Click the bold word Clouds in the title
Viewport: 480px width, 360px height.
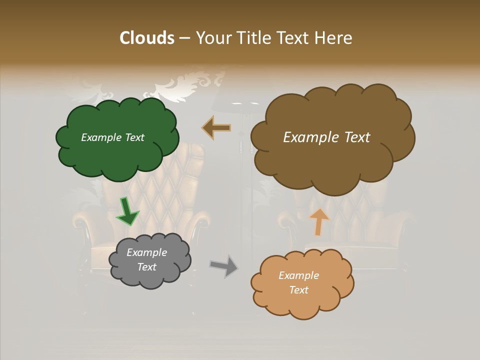tap(147, 38)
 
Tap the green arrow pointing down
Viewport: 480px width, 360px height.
tap(127, 212)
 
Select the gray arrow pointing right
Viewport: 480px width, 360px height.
tap(224, 265)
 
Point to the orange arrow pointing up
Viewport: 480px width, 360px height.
tap(319, 221)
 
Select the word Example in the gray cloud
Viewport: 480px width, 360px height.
tap(146, 252)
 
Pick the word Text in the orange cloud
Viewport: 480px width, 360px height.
tap(298, 290)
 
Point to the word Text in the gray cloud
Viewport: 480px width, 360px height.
tap(146, 267)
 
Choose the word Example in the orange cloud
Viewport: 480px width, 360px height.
tap(298, 275)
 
